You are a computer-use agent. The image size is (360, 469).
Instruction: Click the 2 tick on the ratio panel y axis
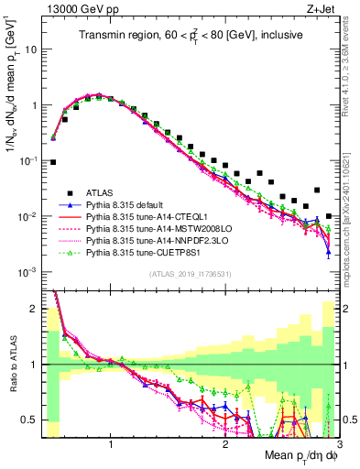pyautogui.click(x=33, y=308)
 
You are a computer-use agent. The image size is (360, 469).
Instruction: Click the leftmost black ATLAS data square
pyautogui.click(x=53, y=162)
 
